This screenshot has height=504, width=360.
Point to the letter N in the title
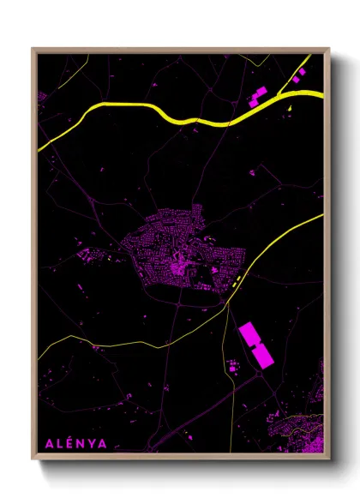point(81,444)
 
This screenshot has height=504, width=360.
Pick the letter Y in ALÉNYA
point(93,444)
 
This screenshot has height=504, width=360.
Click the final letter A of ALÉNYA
point(105,444)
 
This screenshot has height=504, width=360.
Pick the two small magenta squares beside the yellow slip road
point(297,77)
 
